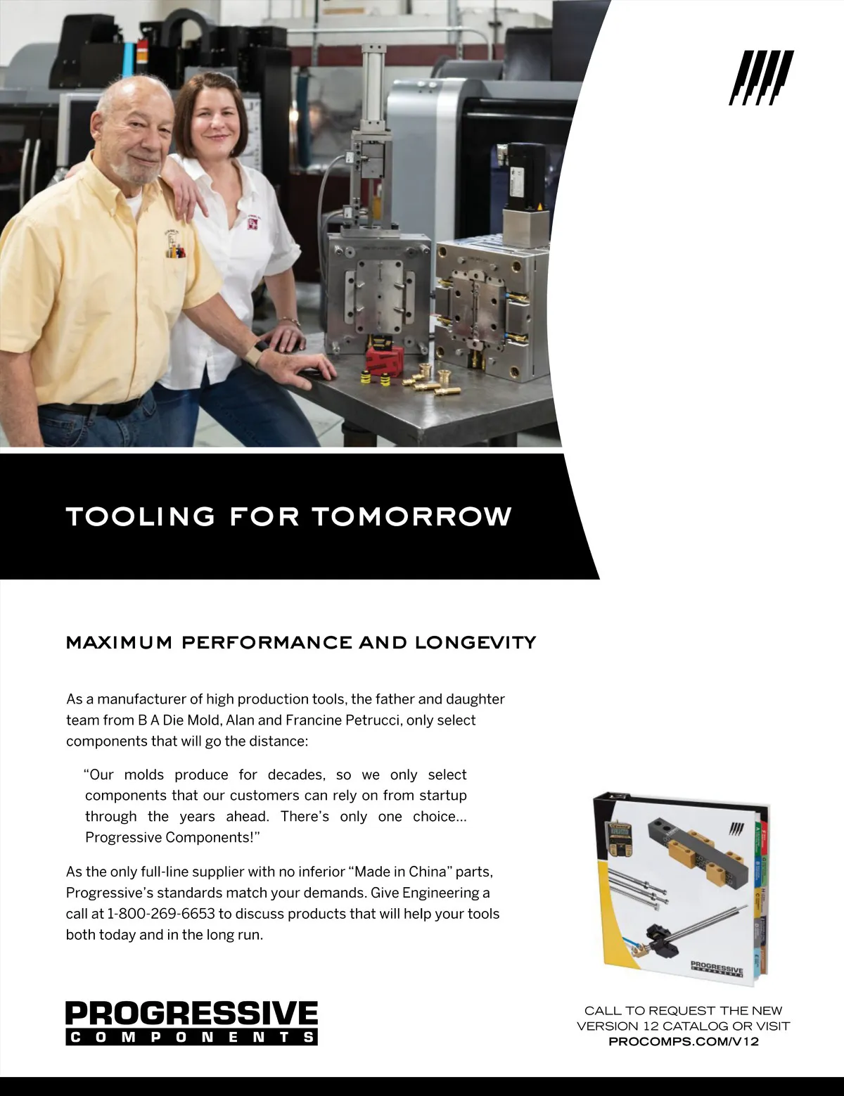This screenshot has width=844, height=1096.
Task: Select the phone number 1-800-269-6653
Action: pyautogui.click(x=161, y=914)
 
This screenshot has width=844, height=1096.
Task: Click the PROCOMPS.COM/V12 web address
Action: pyautogui.click(x=683, y=1041)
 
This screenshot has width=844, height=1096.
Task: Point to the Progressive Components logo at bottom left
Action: pyautogui.click(x=191, y=1022)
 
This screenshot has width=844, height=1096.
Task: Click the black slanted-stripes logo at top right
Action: pyautogui.click(x=761, y=77)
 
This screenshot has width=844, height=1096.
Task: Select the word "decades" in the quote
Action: pyautogui.click(x=295, y=775)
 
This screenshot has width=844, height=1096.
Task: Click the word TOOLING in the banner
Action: pyautogui.click(x=141, y=516)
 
